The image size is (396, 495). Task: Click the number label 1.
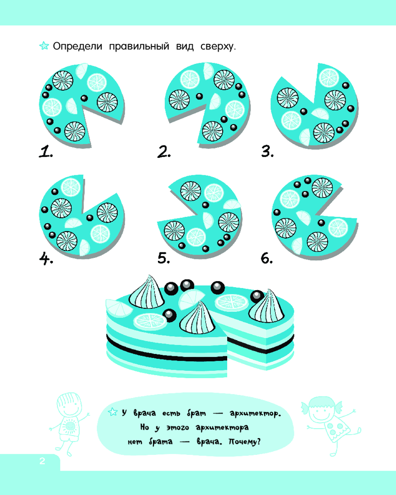(46, 152)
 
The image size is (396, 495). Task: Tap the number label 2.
(164, 152)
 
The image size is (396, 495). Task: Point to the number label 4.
(46, 258)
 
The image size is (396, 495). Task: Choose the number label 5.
(164, 258)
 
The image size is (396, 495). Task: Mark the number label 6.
(267, 258)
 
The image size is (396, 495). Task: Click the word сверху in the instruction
(218, 47)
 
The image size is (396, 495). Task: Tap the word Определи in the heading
(78, 47)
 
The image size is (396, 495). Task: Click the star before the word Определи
(44, 46)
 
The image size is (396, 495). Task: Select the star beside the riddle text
(113, 412)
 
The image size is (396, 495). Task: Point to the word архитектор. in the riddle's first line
(255, 413)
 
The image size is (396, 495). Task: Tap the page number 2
(42, 461)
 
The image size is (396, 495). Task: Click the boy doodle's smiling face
(69, 406)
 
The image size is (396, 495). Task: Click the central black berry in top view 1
(84, 98)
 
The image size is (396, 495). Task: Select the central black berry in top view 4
(90, 217)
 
